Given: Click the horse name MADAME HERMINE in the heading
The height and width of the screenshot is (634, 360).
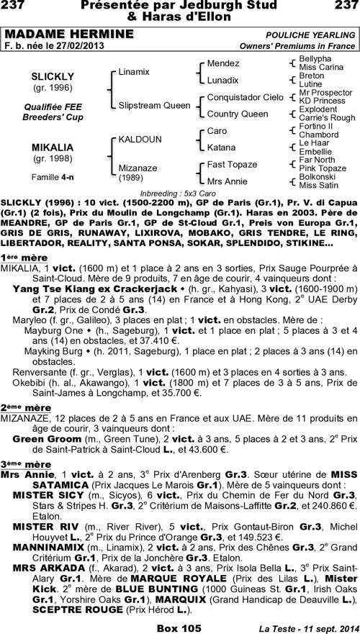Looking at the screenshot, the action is (x=69, y=35).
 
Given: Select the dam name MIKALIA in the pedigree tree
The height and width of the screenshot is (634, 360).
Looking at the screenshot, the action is (x=50, y=147).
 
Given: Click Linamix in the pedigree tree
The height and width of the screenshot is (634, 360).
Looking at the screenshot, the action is (x=134, y=72).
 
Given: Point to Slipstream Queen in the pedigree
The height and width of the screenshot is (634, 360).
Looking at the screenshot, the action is (x=155, y=105).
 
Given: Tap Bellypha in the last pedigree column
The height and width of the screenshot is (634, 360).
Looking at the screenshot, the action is (x=315, y=58).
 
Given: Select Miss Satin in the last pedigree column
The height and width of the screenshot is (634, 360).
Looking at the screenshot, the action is (x=317, y=185).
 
